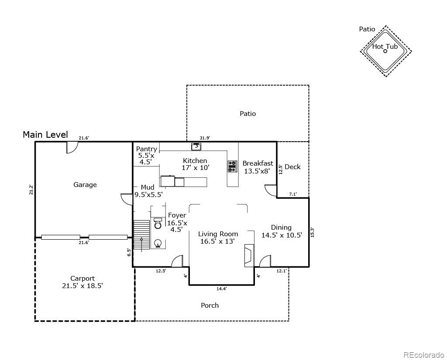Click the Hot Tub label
(x=385, y=46)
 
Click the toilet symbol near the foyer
(x=158, y=223)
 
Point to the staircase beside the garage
(x=141, y=235)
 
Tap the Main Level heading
(x=45, y=135)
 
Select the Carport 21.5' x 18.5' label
(x=83, y=282)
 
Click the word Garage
(x=85, y=185)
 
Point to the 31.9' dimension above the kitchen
(x=205, y=138)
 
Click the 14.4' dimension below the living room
(x=222, y=289)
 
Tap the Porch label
(x=210, y=305)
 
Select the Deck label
(x=292, y=166)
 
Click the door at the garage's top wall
(x=72, y=147)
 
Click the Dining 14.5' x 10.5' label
(x=282, y=231)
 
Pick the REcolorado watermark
(x=422, y=355)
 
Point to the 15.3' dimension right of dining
(x=313, y=232)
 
